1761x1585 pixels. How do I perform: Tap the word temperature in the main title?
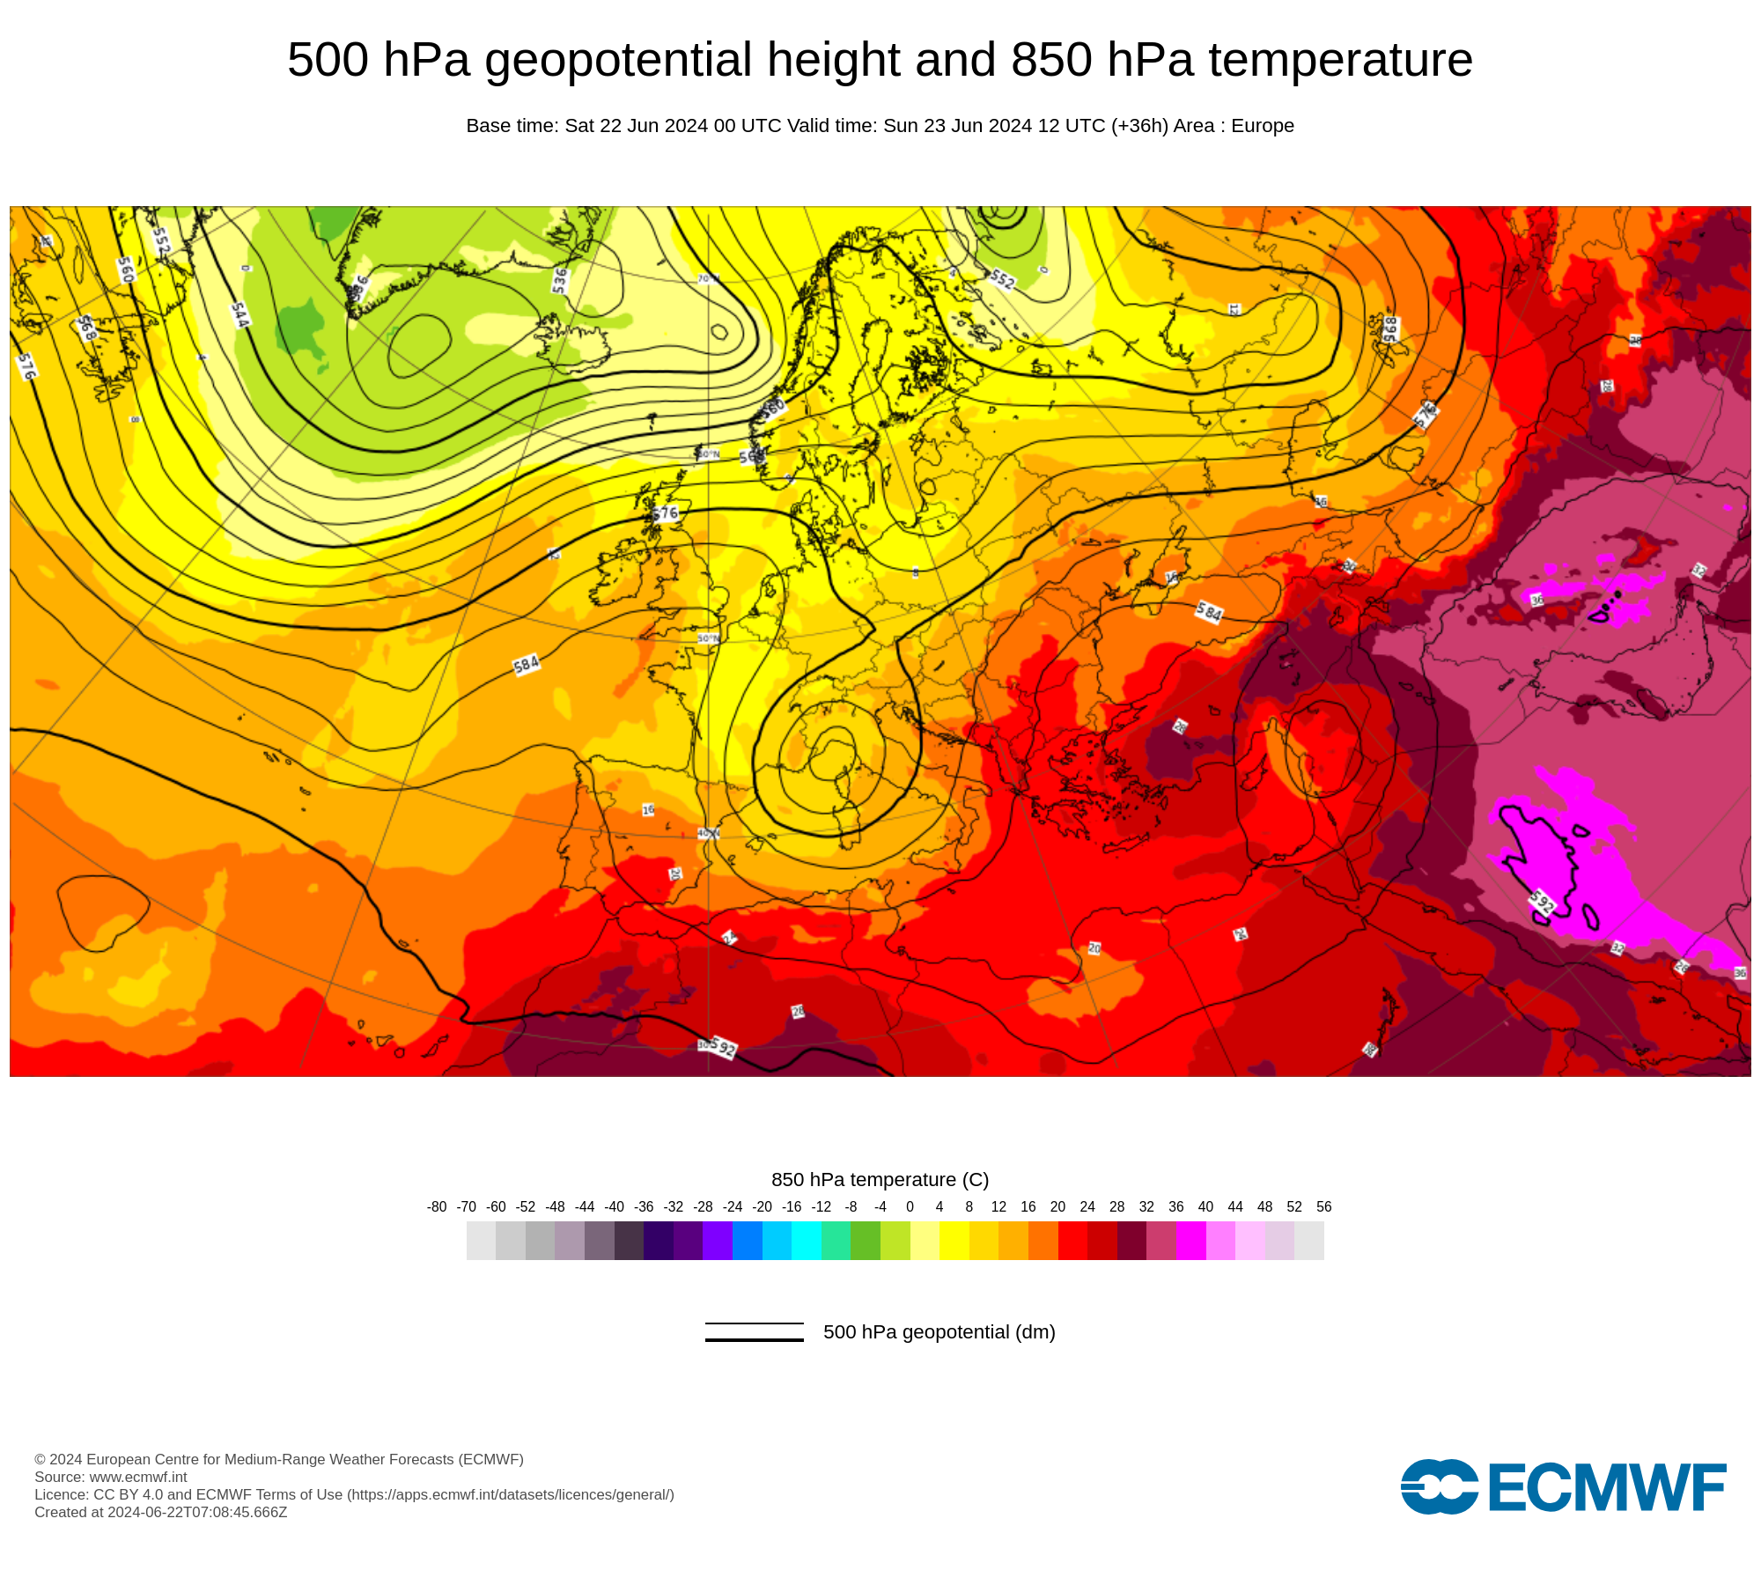click(1340, 60)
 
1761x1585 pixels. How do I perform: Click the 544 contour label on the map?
click(239, 314)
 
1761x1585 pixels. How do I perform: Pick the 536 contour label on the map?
click(560, 281)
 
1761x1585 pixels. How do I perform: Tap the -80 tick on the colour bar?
click(437, 1207)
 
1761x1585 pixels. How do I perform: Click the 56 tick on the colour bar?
click(1323, 1207)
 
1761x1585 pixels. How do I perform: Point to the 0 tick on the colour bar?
click(910, 1207)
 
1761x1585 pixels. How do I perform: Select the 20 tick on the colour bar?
click(1057, 1207)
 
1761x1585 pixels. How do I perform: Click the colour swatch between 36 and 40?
click(1190, 1241)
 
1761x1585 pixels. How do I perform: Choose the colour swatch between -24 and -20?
click(747, 1241)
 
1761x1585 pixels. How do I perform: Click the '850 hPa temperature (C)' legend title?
click(880, 1180)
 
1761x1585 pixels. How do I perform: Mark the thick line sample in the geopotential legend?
click(754, 1340)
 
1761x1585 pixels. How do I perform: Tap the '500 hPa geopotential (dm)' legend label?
click(939, 1332)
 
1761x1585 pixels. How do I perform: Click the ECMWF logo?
click(1563, 1487)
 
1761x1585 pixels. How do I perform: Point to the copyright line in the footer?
click(279, 1460)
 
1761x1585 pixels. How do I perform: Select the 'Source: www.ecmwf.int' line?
click(111, 1478)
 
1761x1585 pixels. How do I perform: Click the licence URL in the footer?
click(511, 1495)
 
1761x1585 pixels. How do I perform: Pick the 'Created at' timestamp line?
click(161, 1513)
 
